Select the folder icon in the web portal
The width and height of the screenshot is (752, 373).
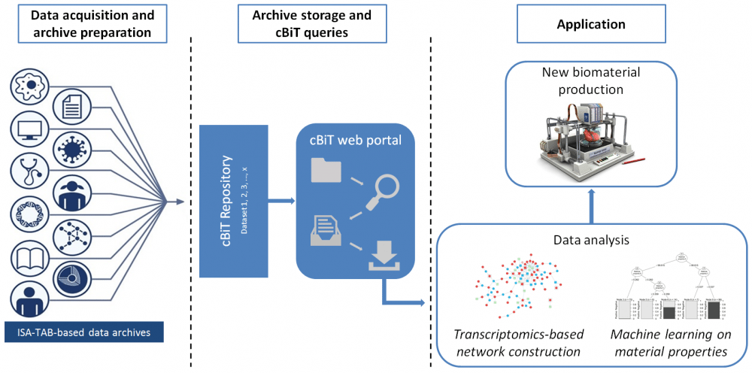click(326, 171)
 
